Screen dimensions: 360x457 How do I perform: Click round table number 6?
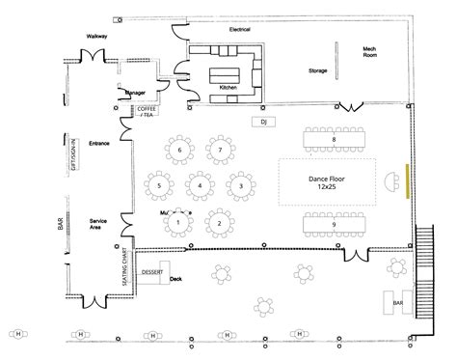[179, 151]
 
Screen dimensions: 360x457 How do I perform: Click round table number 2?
[220, 223]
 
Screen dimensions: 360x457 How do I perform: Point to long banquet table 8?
[334, 141]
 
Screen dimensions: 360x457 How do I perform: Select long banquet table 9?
[334, 225]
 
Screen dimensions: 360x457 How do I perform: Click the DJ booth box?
[262, 123]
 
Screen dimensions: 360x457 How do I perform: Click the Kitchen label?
[228, 87]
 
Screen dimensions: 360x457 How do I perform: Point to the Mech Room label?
[369, 52]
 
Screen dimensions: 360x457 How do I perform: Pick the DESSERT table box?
[151, 272]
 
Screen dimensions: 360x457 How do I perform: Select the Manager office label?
[135, 93]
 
